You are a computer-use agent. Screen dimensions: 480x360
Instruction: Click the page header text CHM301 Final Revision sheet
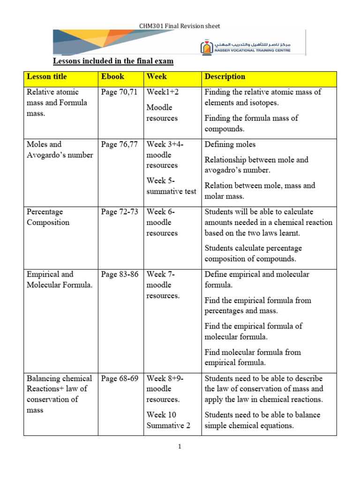180,26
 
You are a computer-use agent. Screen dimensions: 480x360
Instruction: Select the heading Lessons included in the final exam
113,61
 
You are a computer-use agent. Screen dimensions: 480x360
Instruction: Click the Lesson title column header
47,76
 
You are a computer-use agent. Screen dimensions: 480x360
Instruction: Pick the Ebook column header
112,76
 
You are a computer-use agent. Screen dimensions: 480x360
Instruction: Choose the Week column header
157,76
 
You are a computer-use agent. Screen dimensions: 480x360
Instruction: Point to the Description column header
225,76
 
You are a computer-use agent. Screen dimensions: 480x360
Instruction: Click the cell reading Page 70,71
119,92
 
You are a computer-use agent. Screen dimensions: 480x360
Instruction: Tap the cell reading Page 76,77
119,144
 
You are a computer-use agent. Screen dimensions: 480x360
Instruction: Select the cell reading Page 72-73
120,212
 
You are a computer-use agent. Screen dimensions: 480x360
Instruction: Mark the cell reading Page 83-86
120,274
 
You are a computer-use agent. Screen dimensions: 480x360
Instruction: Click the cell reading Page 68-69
120,378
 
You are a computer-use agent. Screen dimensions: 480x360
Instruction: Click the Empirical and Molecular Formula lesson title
60,279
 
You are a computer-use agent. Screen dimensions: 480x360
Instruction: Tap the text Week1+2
162,92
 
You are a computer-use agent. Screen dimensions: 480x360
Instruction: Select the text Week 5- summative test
171,186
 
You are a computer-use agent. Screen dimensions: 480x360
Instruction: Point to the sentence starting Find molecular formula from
253,357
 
